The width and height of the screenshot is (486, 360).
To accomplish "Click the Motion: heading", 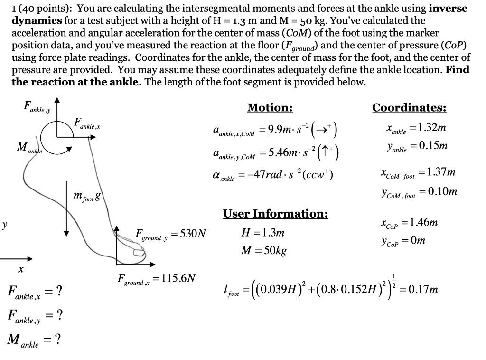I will coord(270,108).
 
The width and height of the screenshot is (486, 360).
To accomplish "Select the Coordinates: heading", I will coord(409,108).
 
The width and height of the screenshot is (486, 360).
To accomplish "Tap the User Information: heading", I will coord(275,214).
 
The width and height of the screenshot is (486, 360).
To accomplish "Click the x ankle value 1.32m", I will coord(429,128).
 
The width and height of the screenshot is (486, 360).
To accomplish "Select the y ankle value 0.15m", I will coord(429,146).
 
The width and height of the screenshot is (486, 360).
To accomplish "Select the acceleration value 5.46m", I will coord(283,152).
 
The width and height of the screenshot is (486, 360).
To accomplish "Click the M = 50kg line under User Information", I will coord(264,250).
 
